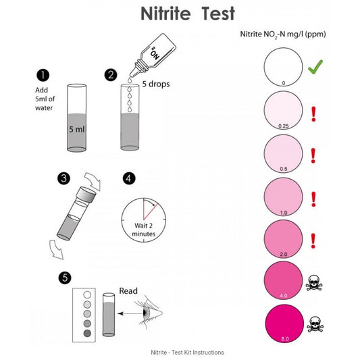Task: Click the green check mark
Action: point(315,67)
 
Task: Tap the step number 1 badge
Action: point(43,75)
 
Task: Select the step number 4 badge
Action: point(129,178)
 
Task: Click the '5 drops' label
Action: point(156,84)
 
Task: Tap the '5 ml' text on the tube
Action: point(77,129)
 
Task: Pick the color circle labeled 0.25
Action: point(283,110)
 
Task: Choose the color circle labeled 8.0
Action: point(284,324)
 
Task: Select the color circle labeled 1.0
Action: point(283,197)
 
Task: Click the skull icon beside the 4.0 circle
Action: point(314,283)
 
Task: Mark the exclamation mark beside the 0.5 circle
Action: point(313,156)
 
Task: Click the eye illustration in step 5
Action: point(149,312)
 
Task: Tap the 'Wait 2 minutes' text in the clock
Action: point(144,230)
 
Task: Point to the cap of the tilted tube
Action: point(86,195)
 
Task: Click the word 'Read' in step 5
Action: point(128,291)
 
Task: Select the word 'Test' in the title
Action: point(218,14)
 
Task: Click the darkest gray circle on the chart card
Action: point(87,333)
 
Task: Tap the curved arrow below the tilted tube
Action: point(56,250)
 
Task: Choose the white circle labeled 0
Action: point(283,67)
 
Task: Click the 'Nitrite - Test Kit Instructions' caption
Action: point(187,353)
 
